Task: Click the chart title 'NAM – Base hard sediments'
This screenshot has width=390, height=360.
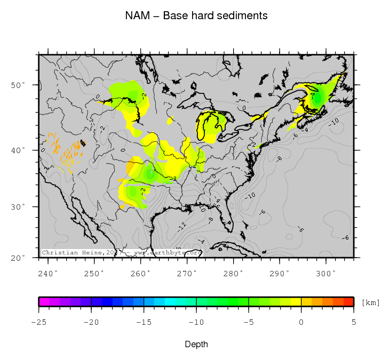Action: click(196, 16)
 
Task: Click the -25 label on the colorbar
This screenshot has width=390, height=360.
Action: click(38, 322)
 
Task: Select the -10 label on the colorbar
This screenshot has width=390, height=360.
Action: click(196, 322)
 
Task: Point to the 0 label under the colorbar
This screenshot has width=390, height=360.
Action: click(301, 322)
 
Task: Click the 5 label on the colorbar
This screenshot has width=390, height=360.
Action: click(353, 322)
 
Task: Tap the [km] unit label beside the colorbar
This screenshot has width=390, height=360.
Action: click(371, 303)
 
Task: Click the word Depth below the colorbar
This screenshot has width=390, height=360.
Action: click(196, 345)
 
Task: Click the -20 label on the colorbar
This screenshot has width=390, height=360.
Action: click(91, 322)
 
